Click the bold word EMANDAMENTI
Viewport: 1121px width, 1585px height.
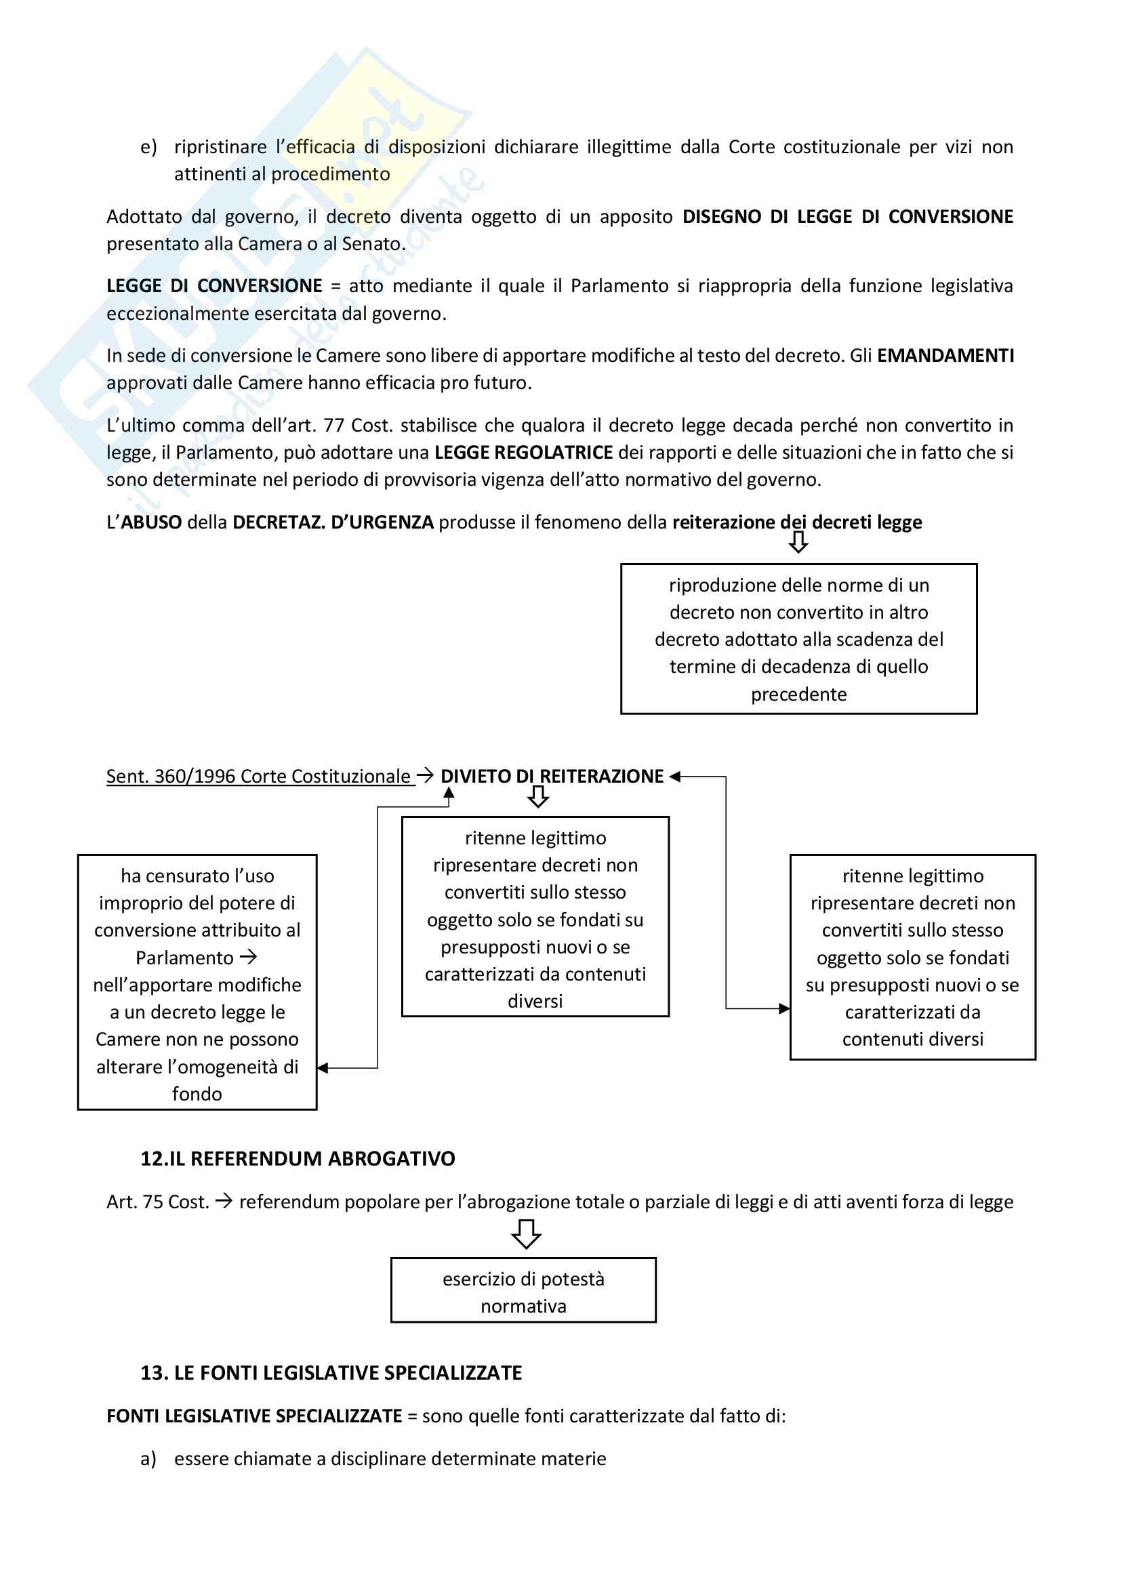point(945,356)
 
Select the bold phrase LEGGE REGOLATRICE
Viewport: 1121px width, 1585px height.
point(523,453)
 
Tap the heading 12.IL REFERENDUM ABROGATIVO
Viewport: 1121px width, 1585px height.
point(298,1158)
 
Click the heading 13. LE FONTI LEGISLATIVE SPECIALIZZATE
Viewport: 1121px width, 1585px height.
point(331,1372)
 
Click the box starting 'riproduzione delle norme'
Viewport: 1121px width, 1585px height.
point(798,638)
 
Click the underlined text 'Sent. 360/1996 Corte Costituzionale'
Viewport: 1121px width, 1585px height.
point(258,777)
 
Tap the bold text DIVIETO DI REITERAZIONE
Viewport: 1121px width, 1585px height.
point(552,777)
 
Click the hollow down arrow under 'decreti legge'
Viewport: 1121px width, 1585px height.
point(798,542)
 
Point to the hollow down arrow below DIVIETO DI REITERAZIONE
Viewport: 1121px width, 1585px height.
point(538,798)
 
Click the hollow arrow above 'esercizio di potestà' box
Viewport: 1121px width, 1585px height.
point(526,1233)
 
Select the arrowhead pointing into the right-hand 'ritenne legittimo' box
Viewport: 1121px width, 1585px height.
point(784,1008)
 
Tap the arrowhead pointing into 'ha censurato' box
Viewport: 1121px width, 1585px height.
point(323,1068)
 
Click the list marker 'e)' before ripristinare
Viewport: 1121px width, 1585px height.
point(148,147)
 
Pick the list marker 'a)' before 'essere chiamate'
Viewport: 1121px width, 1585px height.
point(148,1459)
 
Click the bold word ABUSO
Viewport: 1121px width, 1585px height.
point(151,522)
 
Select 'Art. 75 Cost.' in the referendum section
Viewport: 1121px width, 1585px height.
point(157,1202)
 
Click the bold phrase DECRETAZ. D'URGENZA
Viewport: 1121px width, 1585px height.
point(333,522)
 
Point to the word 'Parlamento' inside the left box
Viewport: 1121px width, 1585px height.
point(184,958)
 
